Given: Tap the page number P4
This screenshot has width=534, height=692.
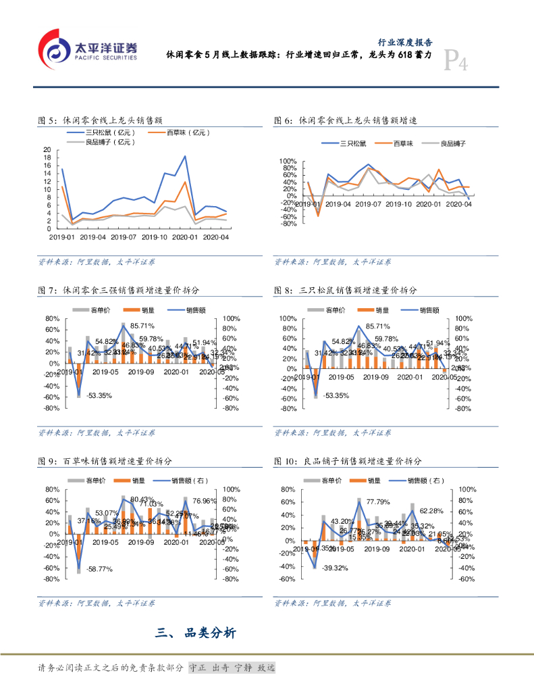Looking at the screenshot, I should [x=456, y=64].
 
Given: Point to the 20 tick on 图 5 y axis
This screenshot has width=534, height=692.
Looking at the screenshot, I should [x=47, y=150].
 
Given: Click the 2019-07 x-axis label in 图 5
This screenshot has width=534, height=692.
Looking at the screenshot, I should [x=125, y=237].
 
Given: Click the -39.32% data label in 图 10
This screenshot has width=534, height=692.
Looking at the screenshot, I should [x=334, y=568].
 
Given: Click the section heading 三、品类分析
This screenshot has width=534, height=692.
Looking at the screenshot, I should [x=196, y=633].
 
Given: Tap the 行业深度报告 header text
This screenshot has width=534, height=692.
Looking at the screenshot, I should [x=405, y=41].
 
